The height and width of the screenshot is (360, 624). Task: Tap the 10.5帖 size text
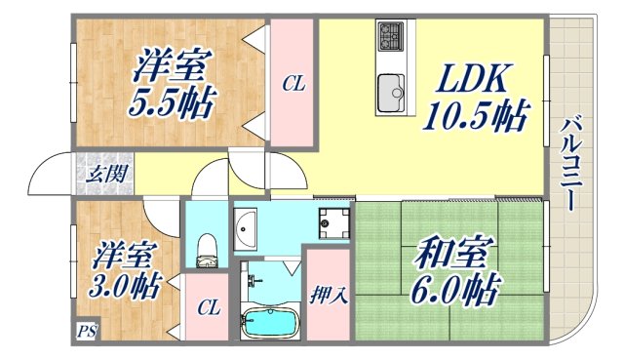click(x=474, y=117)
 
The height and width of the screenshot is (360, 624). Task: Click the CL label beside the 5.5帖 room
click(x=293, y=85)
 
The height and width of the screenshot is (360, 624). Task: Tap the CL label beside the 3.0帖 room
click(x=208, y=308)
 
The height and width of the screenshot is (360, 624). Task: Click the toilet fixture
click(x=206, y=249)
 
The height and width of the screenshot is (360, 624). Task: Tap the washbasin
click(x=245, y=227)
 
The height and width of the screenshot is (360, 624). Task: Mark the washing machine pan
click(x=334, y=222)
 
